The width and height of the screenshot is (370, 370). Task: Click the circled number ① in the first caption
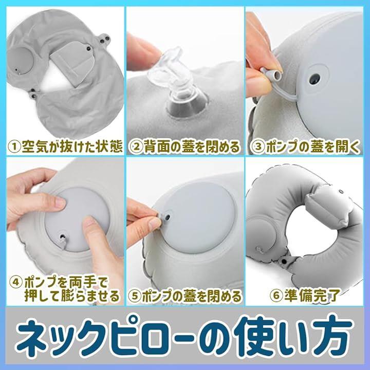pos(14,147)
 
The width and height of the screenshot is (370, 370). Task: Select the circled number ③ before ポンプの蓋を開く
pos(258,147)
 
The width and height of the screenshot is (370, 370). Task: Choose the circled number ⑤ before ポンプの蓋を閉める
pos(135,296)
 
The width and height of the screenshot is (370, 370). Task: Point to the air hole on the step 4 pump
pos(63,236)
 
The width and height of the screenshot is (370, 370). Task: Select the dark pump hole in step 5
pos(168,217)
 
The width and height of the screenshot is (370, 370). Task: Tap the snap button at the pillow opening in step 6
pos(284,261)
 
